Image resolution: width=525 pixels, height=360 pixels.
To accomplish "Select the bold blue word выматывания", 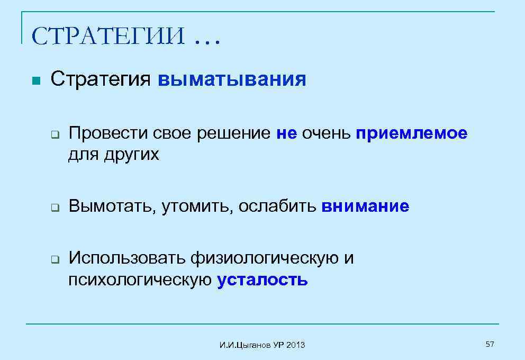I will click(x=232, y=79).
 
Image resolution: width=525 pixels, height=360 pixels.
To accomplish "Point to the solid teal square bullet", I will click(x=35, y=81).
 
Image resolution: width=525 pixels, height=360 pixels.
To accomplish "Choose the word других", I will click(x=132, y=155).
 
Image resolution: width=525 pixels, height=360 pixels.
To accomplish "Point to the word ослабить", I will click(x=277, y=206).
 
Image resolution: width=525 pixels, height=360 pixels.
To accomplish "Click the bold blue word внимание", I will click(x=365, y=206).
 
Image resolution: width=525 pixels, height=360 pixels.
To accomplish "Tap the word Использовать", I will click(x=128, y=258).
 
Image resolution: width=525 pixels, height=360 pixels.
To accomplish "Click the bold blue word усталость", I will click(x=262, y=279).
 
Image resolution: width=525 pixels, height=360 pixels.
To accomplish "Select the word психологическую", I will click(x=140, y=280).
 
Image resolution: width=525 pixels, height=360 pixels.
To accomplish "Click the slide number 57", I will click(x=490, y=345).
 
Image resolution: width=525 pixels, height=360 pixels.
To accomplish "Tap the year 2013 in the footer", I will click(x=296, y=346).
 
